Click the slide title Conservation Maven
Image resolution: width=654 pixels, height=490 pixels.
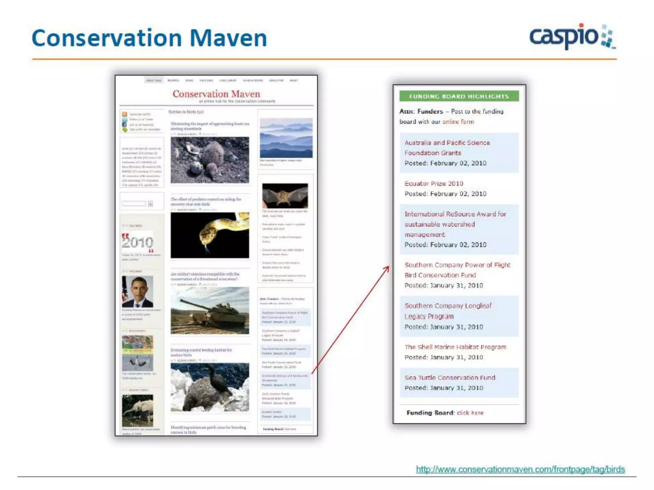click(149, 38)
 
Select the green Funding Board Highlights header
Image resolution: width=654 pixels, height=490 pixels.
click(459, 96)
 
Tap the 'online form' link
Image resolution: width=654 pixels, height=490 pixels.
click(458, 122)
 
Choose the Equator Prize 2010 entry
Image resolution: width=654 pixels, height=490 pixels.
click(434, 183)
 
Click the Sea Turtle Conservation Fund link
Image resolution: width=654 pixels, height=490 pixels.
click(450, 377)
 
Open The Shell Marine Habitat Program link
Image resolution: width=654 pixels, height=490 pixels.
click(455, 347)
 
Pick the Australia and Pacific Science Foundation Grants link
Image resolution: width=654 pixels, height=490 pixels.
click(447, 148)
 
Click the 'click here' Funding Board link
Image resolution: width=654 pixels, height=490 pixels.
click(470, 413)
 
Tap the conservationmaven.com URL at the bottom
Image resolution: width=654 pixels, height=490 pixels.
click(520, 469)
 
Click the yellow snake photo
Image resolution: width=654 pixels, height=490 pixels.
click(210, 235)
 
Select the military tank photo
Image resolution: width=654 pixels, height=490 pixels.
click(210, 310)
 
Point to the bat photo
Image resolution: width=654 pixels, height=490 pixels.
click(285, 196)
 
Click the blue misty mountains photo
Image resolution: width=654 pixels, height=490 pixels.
click(286, 138)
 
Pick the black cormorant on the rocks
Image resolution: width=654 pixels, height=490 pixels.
click(210, 387)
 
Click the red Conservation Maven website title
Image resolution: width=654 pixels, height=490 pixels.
click(216, 94)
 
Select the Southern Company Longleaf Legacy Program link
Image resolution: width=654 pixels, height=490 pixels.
click(448, 311)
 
